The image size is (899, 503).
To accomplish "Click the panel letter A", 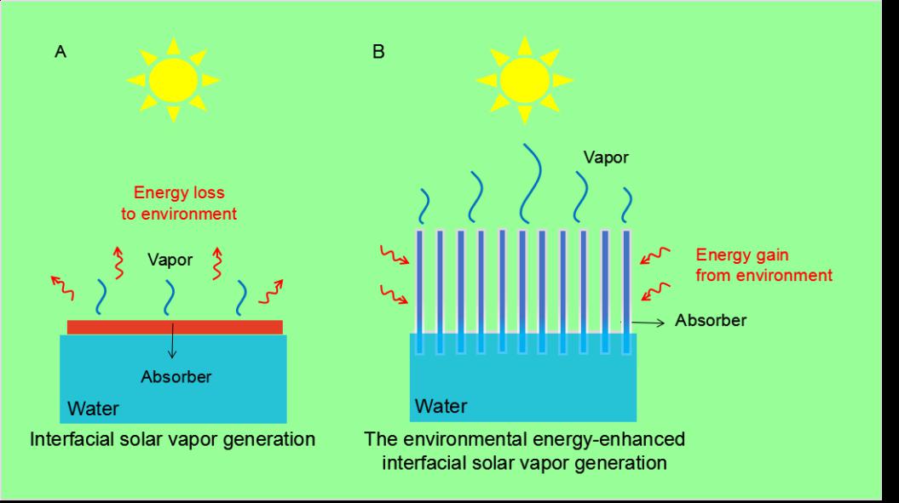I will (61, 53).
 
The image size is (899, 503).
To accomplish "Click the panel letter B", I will (378, 53).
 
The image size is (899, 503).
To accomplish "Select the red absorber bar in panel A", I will (174, 327).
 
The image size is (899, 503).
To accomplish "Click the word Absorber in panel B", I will (711, 321).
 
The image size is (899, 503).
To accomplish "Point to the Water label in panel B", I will (441, 406).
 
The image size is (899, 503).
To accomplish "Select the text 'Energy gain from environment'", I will (763, 264).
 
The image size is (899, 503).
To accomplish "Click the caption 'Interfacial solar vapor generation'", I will (172, 440).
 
